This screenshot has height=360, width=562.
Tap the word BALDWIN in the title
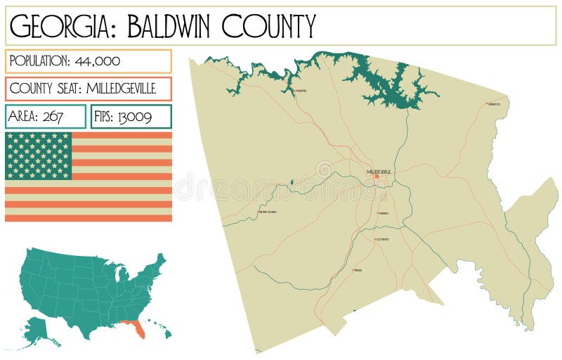coord(163,26)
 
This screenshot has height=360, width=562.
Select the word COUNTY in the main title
coord(268,26)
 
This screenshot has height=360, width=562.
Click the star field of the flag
coord(39,155)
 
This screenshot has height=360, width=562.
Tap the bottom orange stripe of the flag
coord(89,217)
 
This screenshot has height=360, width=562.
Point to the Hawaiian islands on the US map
coord(159,330)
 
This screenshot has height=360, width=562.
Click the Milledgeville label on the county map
coord(379,172)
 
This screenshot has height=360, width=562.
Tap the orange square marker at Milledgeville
coord(376,176)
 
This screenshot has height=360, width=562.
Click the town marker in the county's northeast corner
coord(487,104)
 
